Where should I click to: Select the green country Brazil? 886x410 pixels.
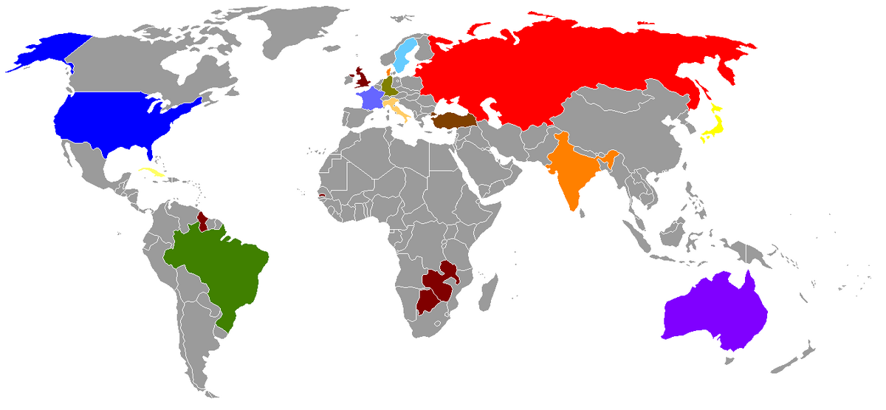click(x=221, y=266)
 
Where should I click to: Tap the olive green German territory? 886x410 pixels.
click(x=389, y=86)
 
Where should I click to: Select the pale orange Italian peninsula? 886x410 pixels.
click(x=398, y=112)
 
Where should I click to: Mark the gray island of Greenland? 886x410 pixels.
click(x=295, y=30)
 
